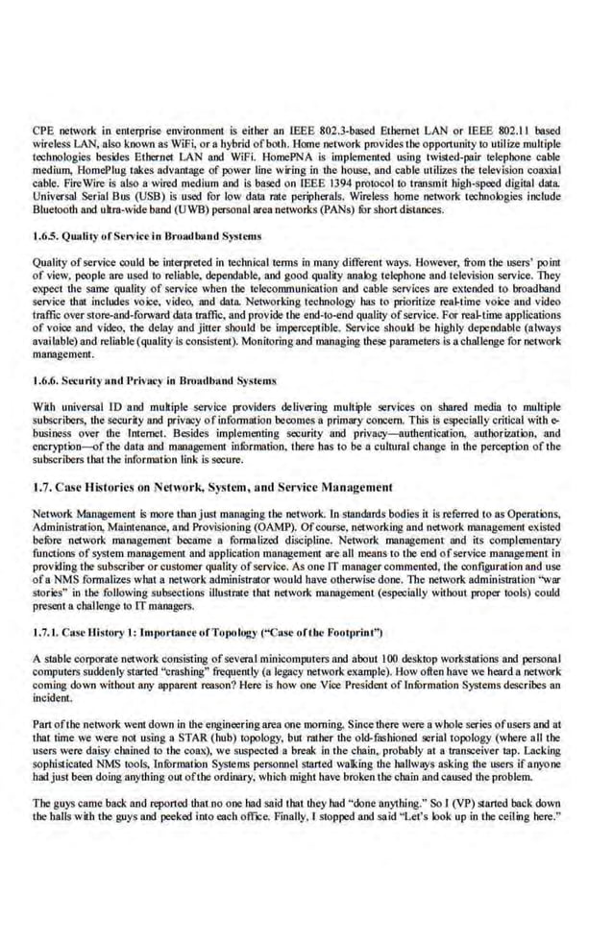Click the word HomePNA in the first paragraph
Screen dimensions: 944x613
pos(239,155)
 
